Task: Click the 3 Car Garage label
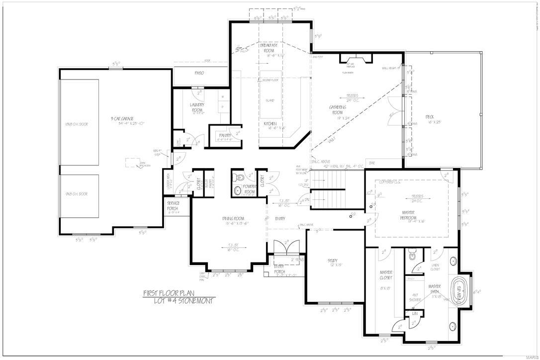[122, 119]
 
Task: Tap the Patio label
[199, 73]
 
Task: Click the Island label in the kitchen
[270, 100]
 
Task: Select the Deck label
[430, 118]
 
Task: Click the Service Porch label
[173, 205]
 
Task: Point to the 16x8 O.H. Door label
[76, 124]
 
